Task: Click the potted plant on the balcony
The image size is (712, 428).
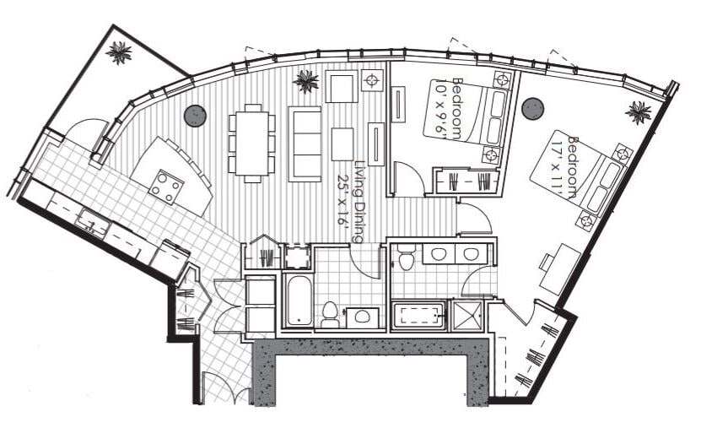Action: click(119, 52)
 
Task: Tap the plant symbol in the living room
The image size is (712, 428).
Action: click(305, 82)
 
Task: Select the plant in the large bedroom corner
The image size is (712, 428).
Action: click(639, 111)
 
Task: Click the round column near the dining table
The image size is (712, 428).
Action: click(195, 116)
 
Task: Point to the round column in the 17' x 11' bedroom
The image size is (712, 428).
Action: click(532, 108)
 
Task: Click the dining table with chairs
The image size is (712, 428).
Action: click(251, 142)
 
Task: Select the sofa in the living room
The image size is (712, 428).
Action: click(305, 144)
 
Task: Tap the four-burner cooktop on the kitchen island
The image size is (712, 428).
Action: click(165, 187)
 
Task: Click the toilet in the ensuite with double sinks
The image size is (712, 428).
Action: click(406, 258)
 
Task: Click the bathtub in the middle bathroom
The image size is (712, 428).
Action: click(298, 298)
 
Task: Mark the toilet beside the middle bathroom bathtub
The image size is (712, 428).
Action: click(330, 314)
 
